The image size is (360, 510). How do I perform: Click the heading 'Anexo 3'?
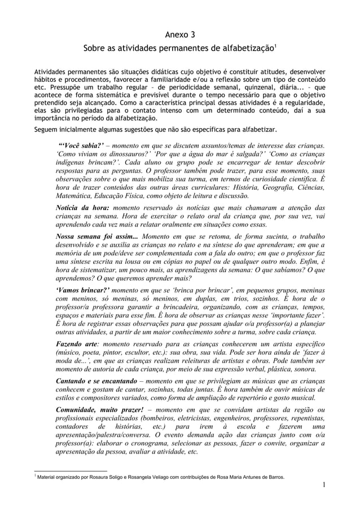(x=180, y=37)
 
